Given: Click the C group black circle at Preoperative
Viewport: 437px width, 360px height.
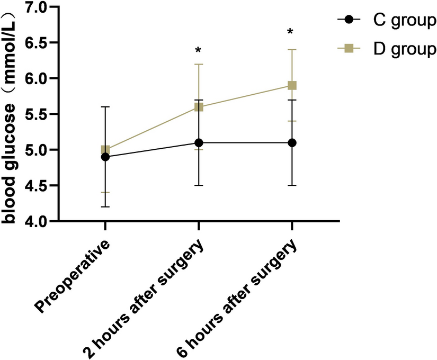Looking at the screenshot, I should pos(105,157).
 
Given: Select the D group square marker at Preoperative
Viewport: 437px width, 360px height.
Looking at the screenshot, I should pos(105,150).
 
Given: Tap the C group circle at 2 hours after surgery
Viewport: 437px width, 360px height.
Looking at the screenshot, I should pos(198,143).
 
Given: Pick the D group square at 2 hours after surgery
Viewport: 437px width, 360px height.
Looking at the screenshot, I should pos(198,107).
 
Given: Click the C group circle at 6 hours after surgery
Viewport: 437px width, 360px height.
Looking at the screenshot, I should pos(291,143).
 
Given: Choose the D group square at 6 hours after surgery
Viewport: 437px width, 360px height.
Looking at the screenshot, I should pos(291,85).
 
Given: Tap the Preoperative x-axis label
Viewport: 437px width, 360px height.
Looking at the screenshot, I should pos(74,275).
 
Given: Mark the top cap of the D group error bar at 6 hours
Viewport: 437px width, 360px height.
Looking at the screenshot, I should pos(291,49).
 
